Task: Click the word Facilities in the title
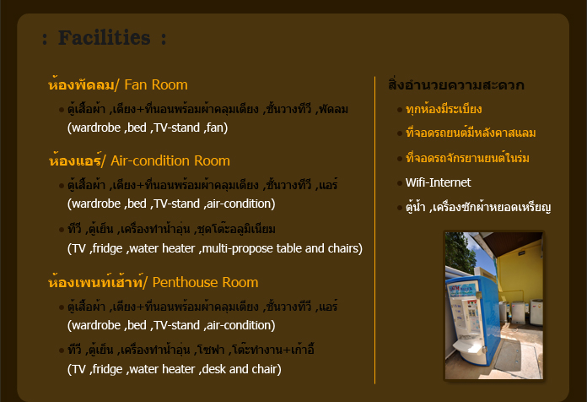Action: click(105, 38)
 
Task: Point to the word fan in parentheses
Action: click(215, 128)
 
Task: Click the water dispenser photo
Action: click(494, 306)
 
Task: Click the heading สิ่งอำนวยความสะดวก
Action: click(455, 85)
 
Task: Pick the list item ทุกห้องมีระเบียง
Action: click(455, 109)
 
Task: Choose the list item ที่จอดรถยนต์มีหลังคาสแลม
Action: click(471, 133)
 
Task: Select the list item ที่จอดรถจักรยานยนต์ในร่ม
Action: click(472, 158)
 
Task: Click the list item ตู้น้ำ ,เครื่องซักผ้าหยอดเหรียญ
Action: click(478, 207)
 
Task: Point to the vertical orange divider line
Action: click(375, 228)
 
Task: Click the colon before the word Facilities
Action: click(44, 39)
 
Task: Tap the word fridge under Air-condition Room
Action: click(106, 248)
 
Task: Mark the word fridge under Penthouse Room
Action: click(106, 369)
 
